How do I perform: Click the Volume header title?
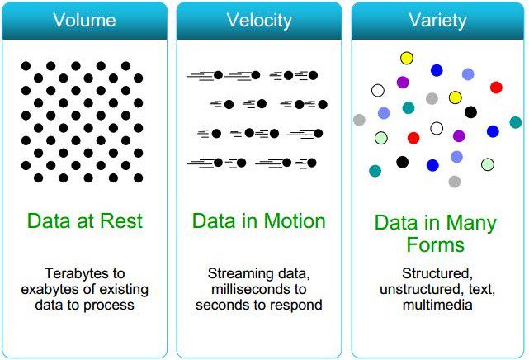click(x=85, y=21)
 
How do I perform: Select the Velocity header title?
click(x=260, y=21)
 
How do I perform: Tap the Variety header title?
click(x=437, y=21)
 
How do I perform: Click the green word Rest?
click(x=120, y=221)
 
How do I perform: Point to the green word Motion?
click(x=295, y=221)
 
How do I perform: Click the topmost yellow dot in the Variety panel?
click(x=407, y=58)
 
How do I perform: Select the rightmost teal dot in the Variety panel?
click(x=516, y=122)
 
